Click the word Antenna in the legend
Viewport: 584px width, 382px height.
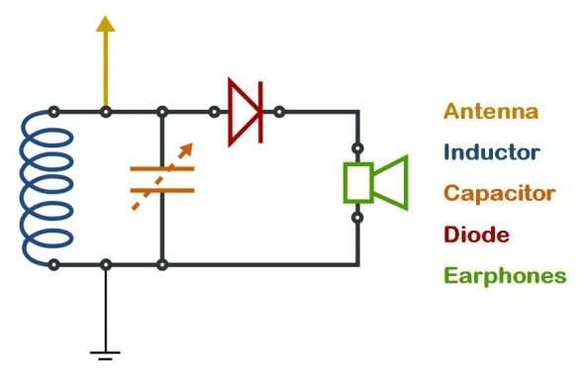click(x=491, y=111)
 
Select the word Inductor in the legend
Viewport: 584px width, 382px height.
click(x=492, y=152)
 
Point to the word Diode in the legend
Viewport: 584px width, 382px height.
click(x=477, y=235)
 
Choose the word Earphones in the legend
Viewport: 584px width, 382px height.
click(x=505, y=275)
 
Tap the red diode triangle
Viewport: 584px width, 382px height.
click(x=243, y=111)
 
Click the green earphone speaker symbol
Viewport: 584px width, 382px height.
click(x=377, y=182)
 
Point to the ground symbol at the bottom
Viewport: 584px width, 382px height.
click(x=106, y=351)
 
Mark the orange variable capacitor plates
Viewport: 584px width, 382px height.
click(x=162, y=179)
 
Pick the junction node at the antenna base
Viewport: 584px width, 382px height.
click(x=106, y=111)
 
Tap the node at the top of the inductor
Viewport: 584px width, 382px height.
click(x=53, y=111)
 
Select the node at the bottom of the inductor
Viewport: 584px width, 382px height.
click(x=53, y=264)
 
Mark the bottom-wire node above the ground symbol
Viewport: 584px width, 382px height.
click(x=106, y=264)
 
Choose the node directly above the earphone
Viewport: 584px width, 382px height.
click(x=358, y=152)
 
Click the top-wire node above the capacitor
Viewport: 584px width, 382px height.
click(x=162, y=111)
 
